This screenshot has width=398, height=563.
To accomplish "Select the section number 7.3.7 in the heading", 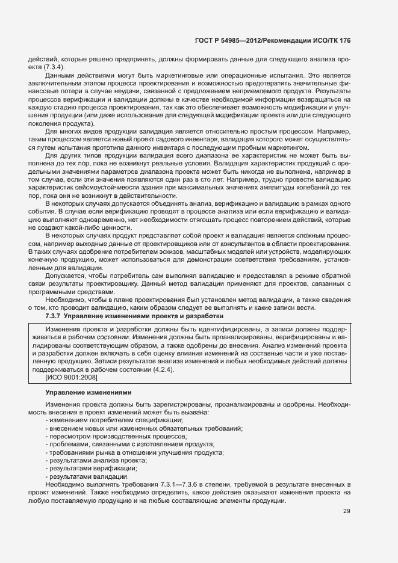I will pos(54,315).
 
